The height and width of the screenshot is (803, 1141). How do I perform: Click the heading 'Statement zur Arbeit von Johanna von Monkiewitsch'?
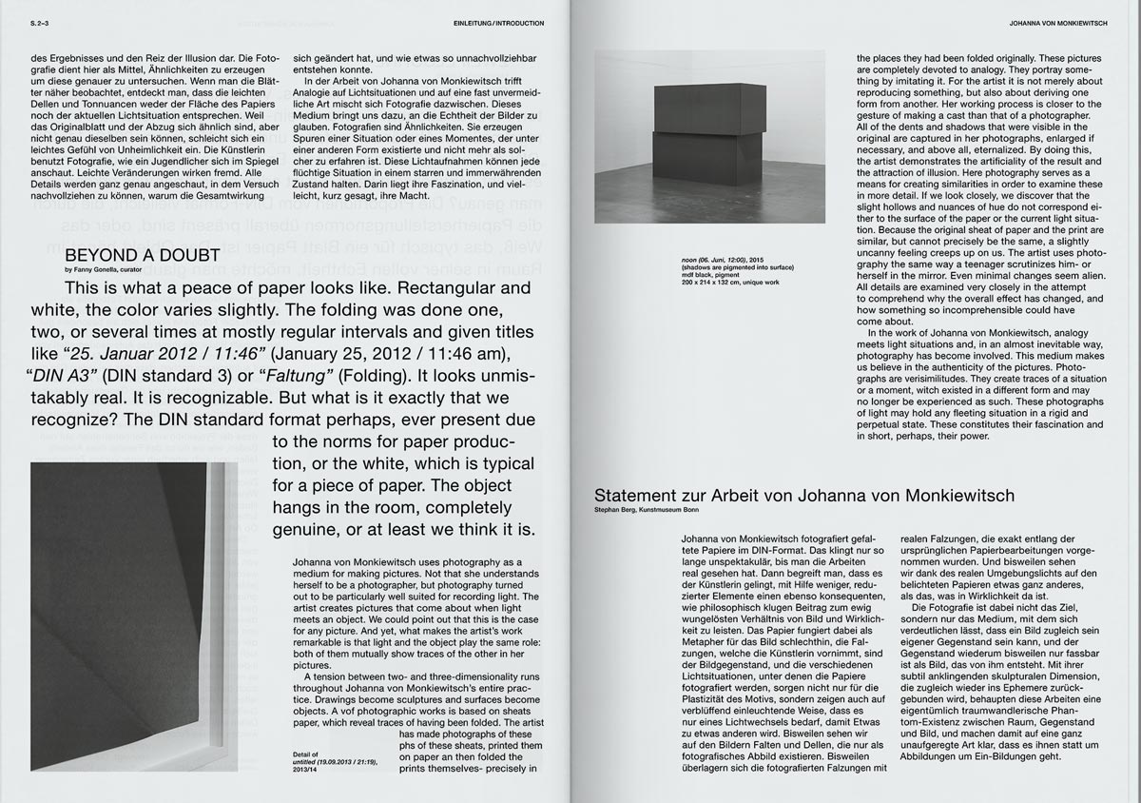[x=803, y=496]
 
